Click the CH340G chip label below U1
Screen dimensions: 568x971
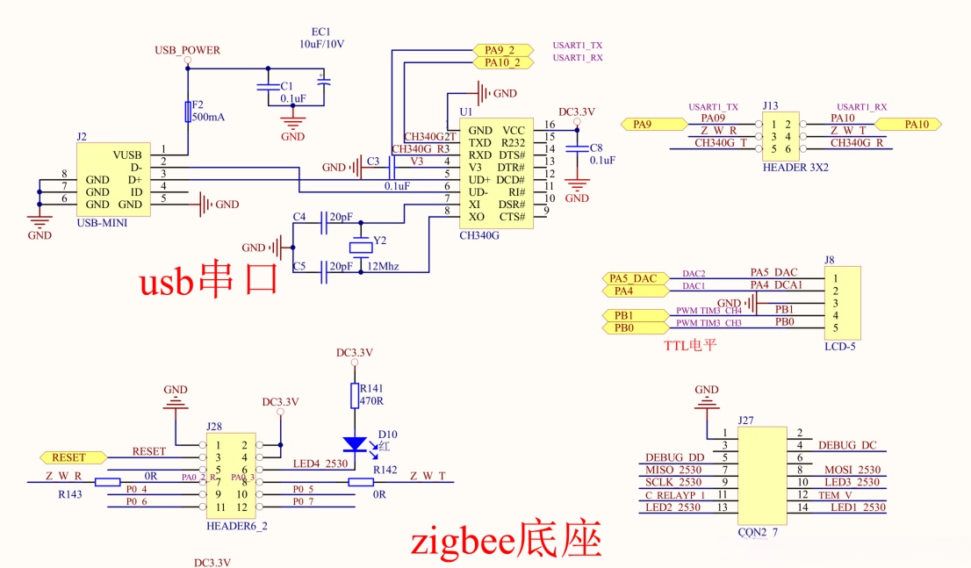479,235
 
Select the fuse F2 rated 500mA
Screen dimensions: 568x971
188,111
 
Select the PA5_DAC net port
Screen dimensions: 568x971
634,278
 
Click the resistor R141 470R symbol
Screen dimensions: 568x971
355,396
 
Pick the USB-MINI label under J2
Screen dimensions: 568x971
102,223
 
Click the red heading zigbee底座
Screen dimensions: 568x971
507,539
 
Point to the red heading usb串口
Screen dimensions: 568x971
209,281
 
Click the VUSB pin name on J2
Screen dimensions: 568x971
126,155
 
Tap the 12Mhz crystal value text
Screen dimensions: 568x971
383,266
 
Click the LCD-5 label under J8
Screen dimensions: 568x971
841,347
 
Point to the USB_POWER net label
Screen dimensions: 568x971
187,50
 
